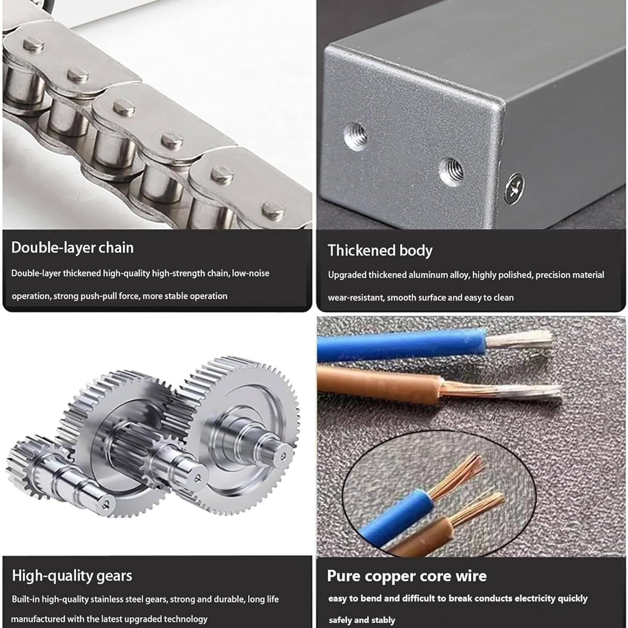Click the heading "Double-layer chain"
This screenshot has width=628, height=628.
pyautogui.click(x=73, y=248)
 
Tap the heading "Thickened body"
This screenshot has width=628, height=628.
pyautogui.click(x=380, y=250)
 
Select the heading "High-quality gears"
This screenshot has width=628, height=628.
pyautogui.click(x=72, y=576)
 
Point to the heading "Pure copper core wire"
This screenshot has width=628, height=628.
pyautogui.click(x=407, y=576)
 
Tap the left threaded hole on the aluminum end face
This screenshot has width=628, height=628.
pyautogui.click(x=356, y=136)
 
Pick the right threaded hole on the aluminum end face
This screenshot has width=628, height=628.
pyautogui.click(x=451, y=172)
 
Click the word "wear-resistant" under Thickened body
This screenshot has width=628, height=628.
pyautogui.click(x=356, y=298)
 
